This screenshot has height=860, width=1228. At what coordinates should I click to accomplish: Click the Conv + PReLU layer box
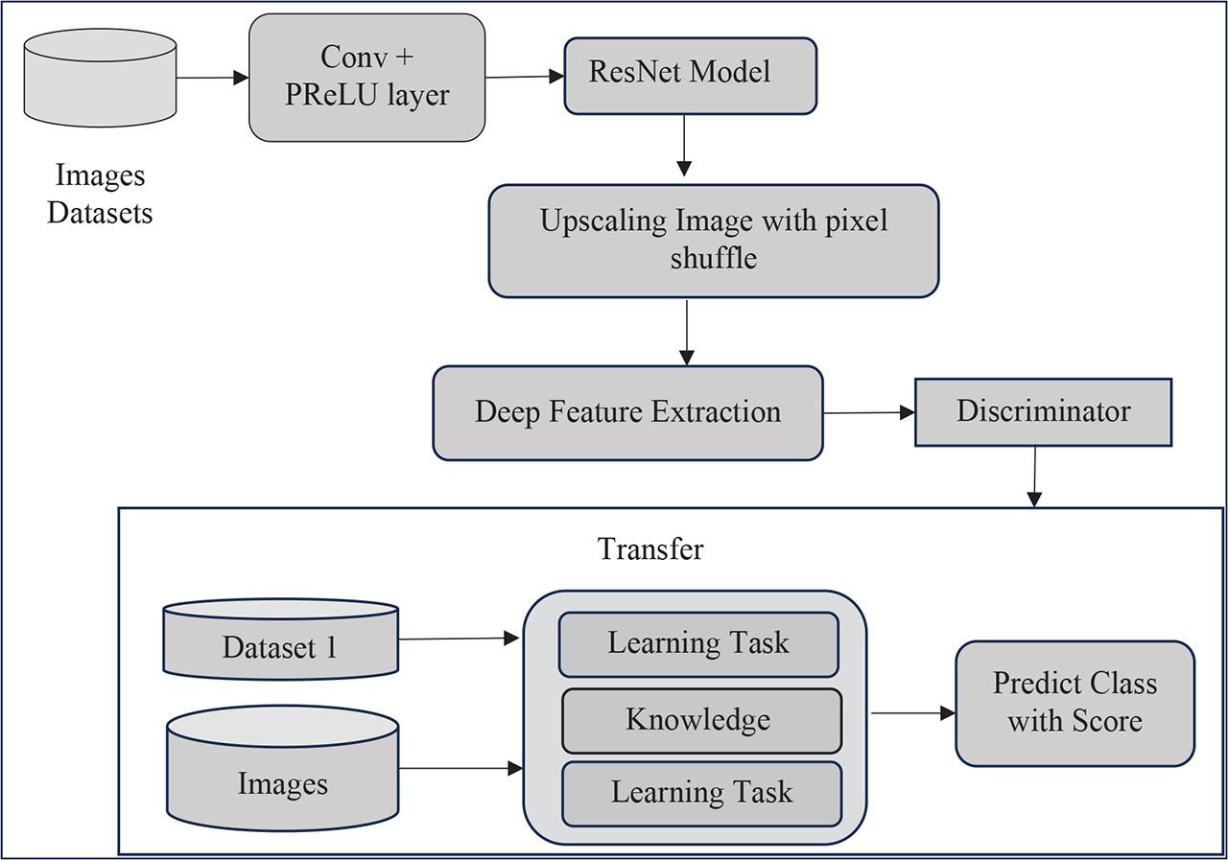pyautogui.click(x=366, y=78)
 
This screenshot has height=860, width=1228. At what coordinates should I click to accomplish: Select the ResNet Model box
pyautogui.click(x=690, y=75)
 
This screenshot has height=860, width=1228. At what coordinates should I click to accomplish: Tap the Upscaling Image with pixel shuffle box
pyautogui.click(x=713, y=241)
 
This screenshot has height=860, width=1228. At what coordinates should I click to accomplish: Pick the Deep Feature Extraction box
pyautogui.click(x=627, y=412)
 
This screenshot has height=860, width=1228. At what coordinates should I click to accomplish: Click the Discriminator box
pyautogui.click(x=1043, y=411)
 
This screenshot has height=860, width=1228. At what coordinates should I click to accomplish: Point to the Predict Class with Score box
pyautogui.click(x=1074, y=703)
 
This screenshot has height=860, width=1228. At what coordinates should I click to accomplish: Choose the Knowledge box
pyautogui.click(x=700, y=720)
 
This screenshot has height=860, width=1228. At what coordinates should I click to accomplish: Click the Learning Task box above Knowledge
pyautogui.click(x=698, y=643)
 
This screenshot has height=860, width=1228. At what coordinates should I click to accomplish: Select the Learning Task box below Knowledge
pyautogui.click(x=701, y=793)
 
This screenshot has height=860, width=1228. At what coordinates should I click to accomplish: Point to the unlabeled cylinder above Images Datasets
pyautogui.click(x=100, y=78)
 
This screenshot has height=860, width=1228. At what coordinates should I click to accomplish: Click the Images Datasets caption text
pyautogui.click(x=100, y=195)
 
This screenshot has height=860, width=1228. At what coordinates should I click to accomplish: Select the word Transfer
pyautogui.click(x=649, y=548)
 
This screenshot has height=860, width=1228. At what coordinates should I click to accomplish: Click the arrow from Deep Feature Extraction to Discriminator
pyautogui.click(x=868, y=413)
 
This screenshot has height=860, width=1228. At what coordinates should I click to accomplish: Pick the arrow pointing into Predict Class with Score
pyautogui.click(x=911, y=713)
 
